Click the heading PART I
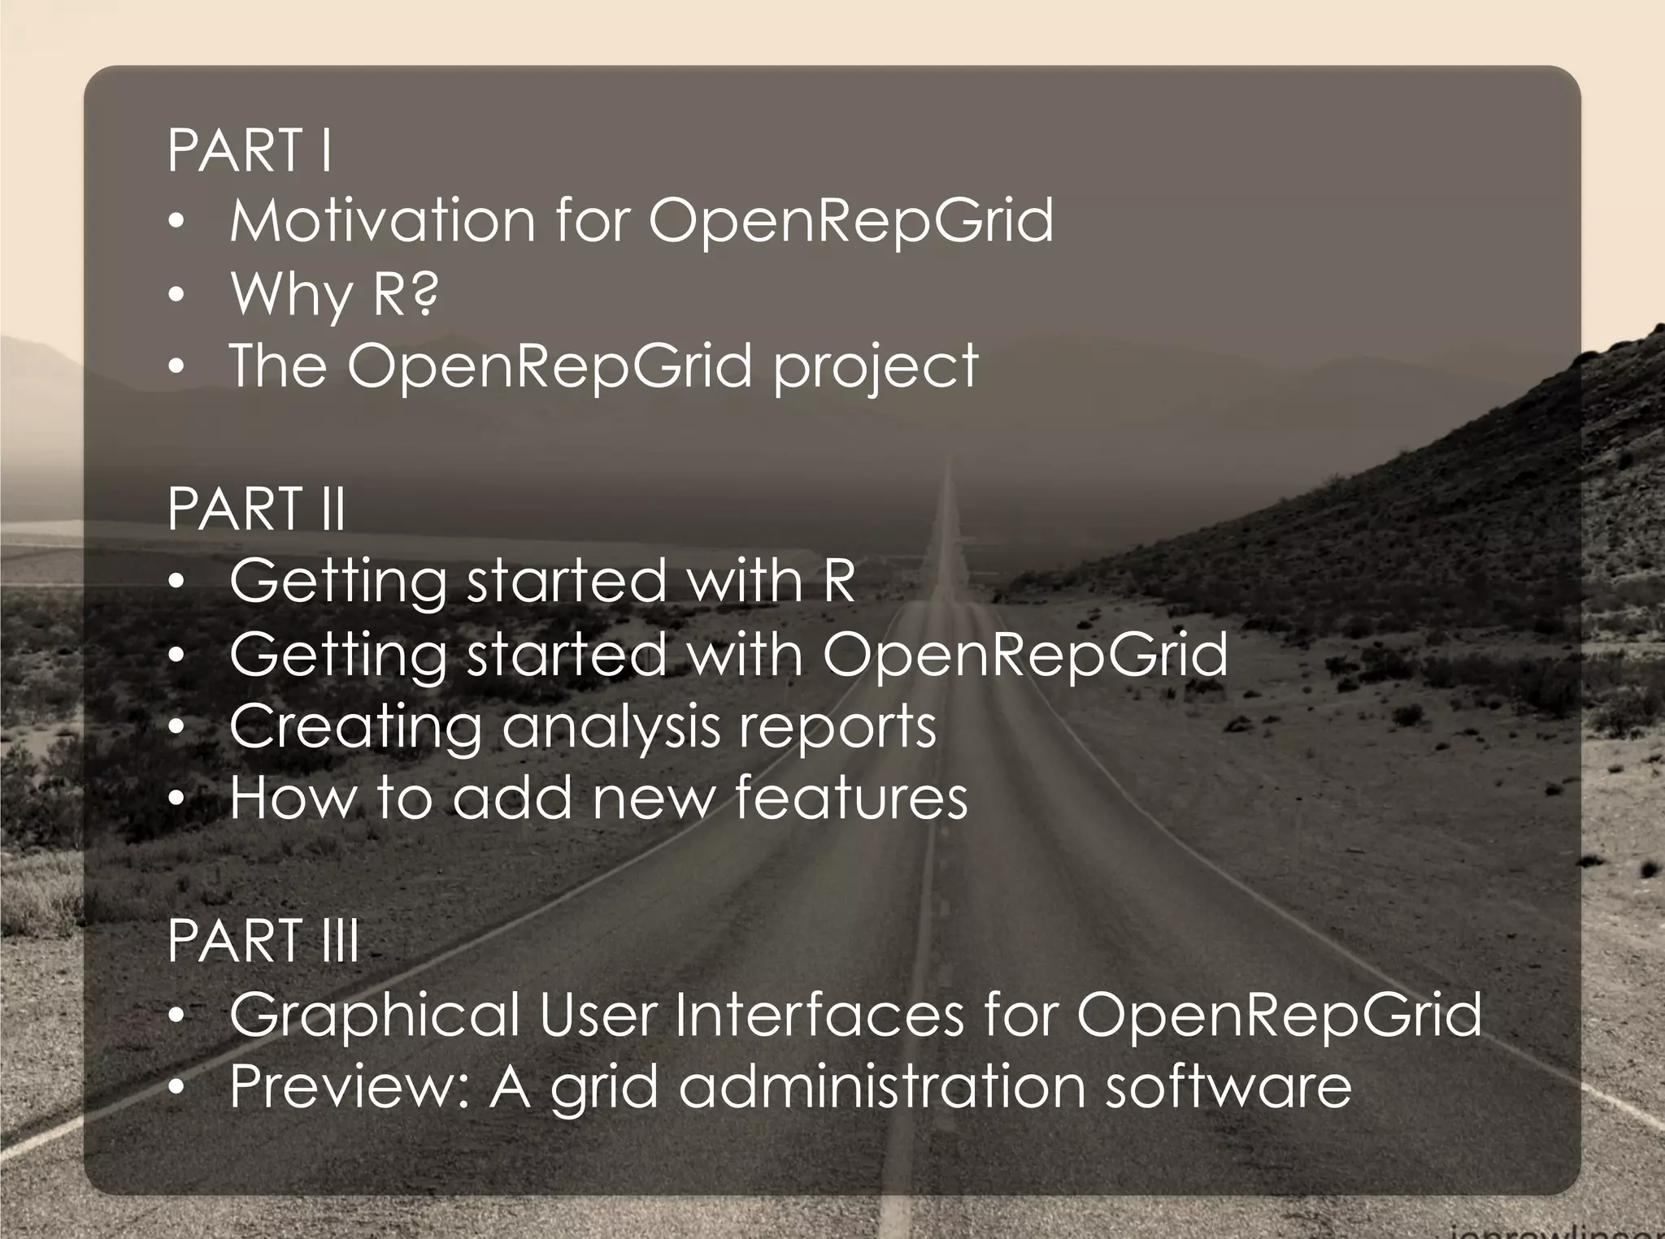250,150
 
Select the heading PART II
257,509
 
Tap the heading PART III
263,941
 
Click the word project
876,367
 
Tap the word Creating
355,727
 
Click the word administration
882,1086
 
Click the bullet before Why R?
177,295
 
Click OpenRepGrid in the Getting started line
1025,655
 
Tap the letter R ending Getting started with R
839,581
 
